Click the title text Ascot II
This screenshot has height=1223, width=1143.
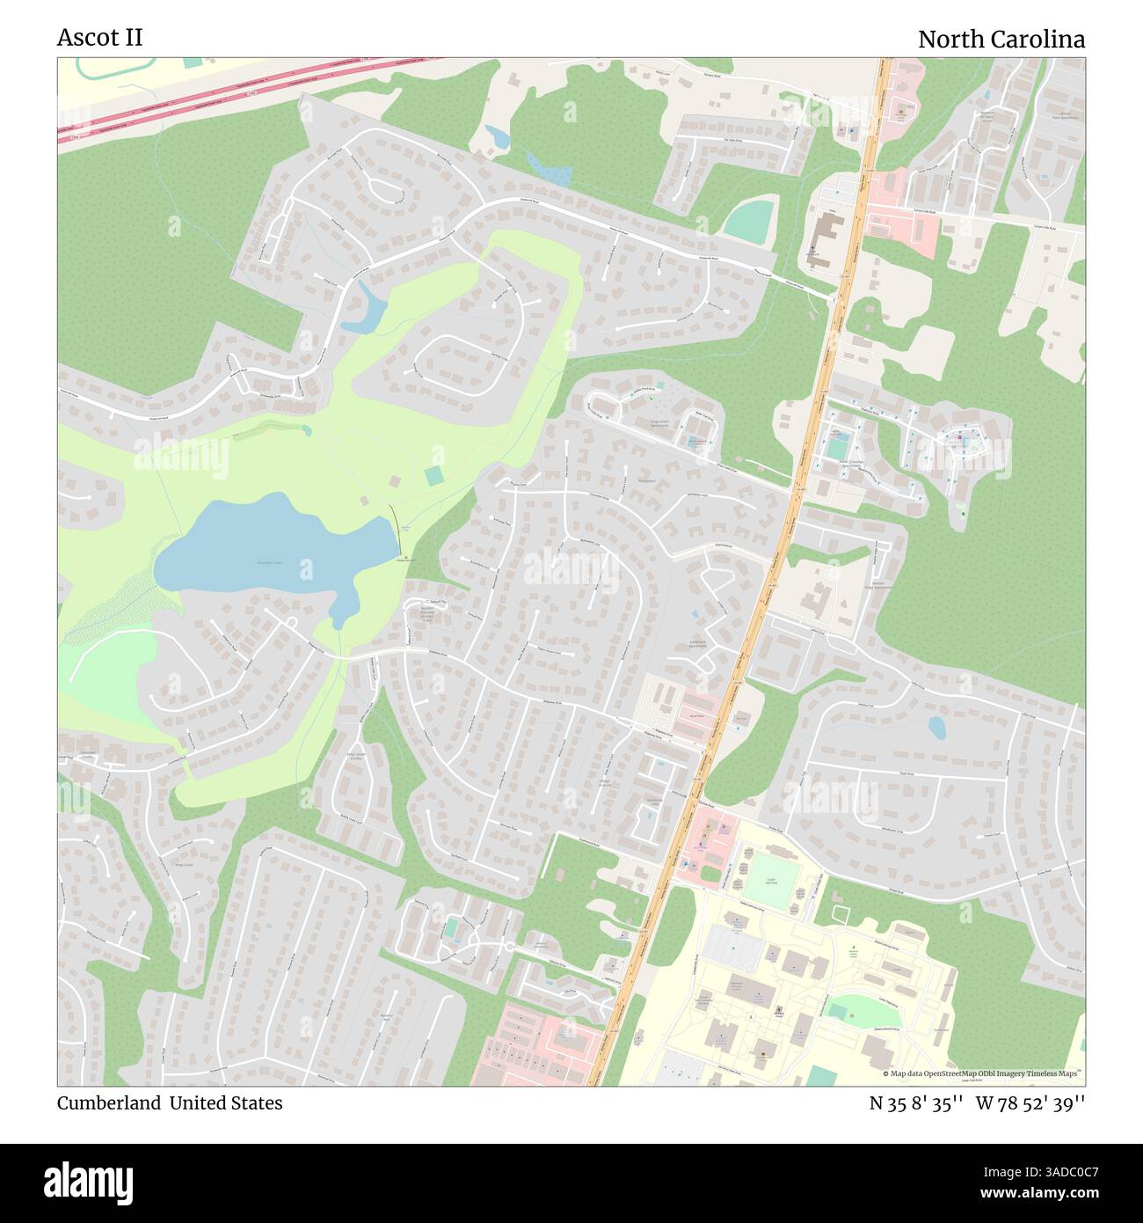click(99, 38)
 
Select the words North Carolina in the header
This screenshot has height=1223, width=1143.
click(1001, 40)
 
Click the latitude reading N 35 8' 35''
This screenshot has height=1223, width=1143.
click(915, 1103)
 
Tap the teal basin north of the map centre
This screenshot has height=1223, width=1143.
click(750, 221)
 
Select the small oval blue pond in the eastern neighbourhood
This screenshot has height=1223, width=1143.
click(937, 727)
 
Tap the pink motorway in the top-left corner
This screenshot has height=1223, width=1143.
click(220, 97)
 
